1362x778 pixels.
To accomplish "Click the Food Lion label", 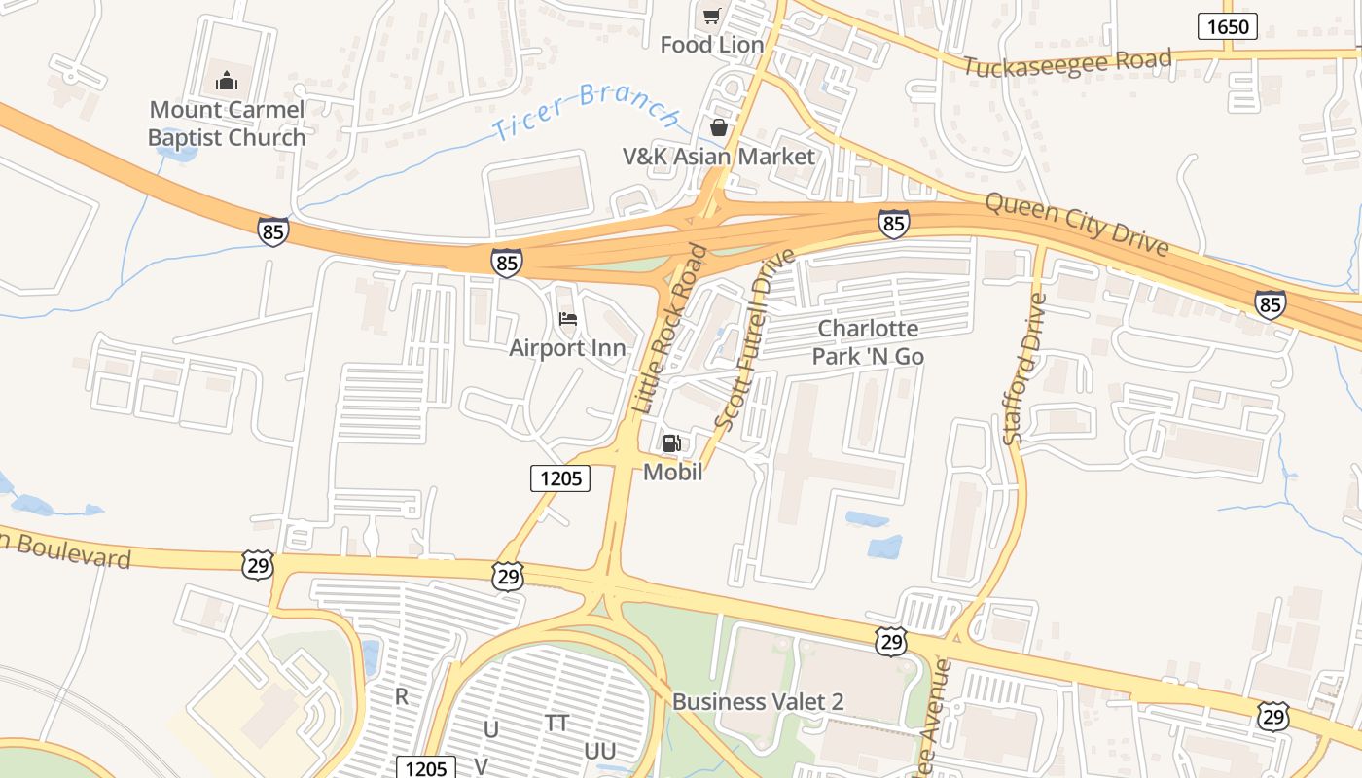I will [712, 45].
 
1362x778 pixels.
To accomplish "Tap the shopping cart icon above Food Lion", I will [712, 16].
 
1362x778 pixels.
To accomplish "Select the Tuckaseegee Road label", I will [1067, 63].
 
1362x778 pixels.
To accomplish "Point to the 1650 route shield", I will [1227, 26].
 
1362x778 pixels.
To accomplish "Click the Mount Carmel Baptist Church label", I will [227, 124].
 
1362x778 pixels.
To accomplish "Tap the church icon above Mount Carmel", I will [227, 80].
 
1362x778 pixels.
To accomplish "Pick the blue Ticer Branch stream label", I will [585, 111].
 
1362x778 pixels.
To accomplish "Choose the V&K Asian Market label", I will [719, 156].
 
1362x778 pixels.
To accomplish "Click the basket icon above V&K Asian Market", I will [718, 127].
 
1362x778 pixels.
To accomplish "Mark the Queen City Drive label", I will [1077, 224].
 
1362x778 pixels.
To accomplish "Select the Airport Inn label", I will [567, 347].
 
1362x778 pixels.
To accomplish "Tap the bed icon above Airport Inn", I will [568, 319].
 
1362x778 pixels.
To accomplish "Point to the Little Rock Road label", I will [671, 330].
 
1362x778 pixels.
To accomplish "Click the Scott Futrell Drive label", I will [754, 340].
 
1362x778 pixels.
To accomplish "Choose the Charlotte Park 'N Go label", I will [868, 342].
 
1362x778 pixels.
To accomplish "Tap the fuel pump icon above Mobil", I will [671, 443].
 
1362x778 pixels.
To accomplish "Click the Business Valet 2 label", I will [758, 701].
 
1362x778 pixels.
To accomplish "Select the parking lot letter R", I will [402, 696].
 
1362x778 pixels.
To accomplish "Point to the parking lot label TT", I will [557, 723].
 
